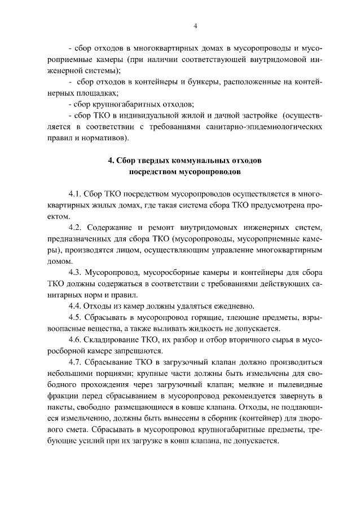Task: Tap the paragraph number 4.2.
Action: pos(75,227)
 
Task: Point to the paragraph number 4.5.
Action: pos(75,317)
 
